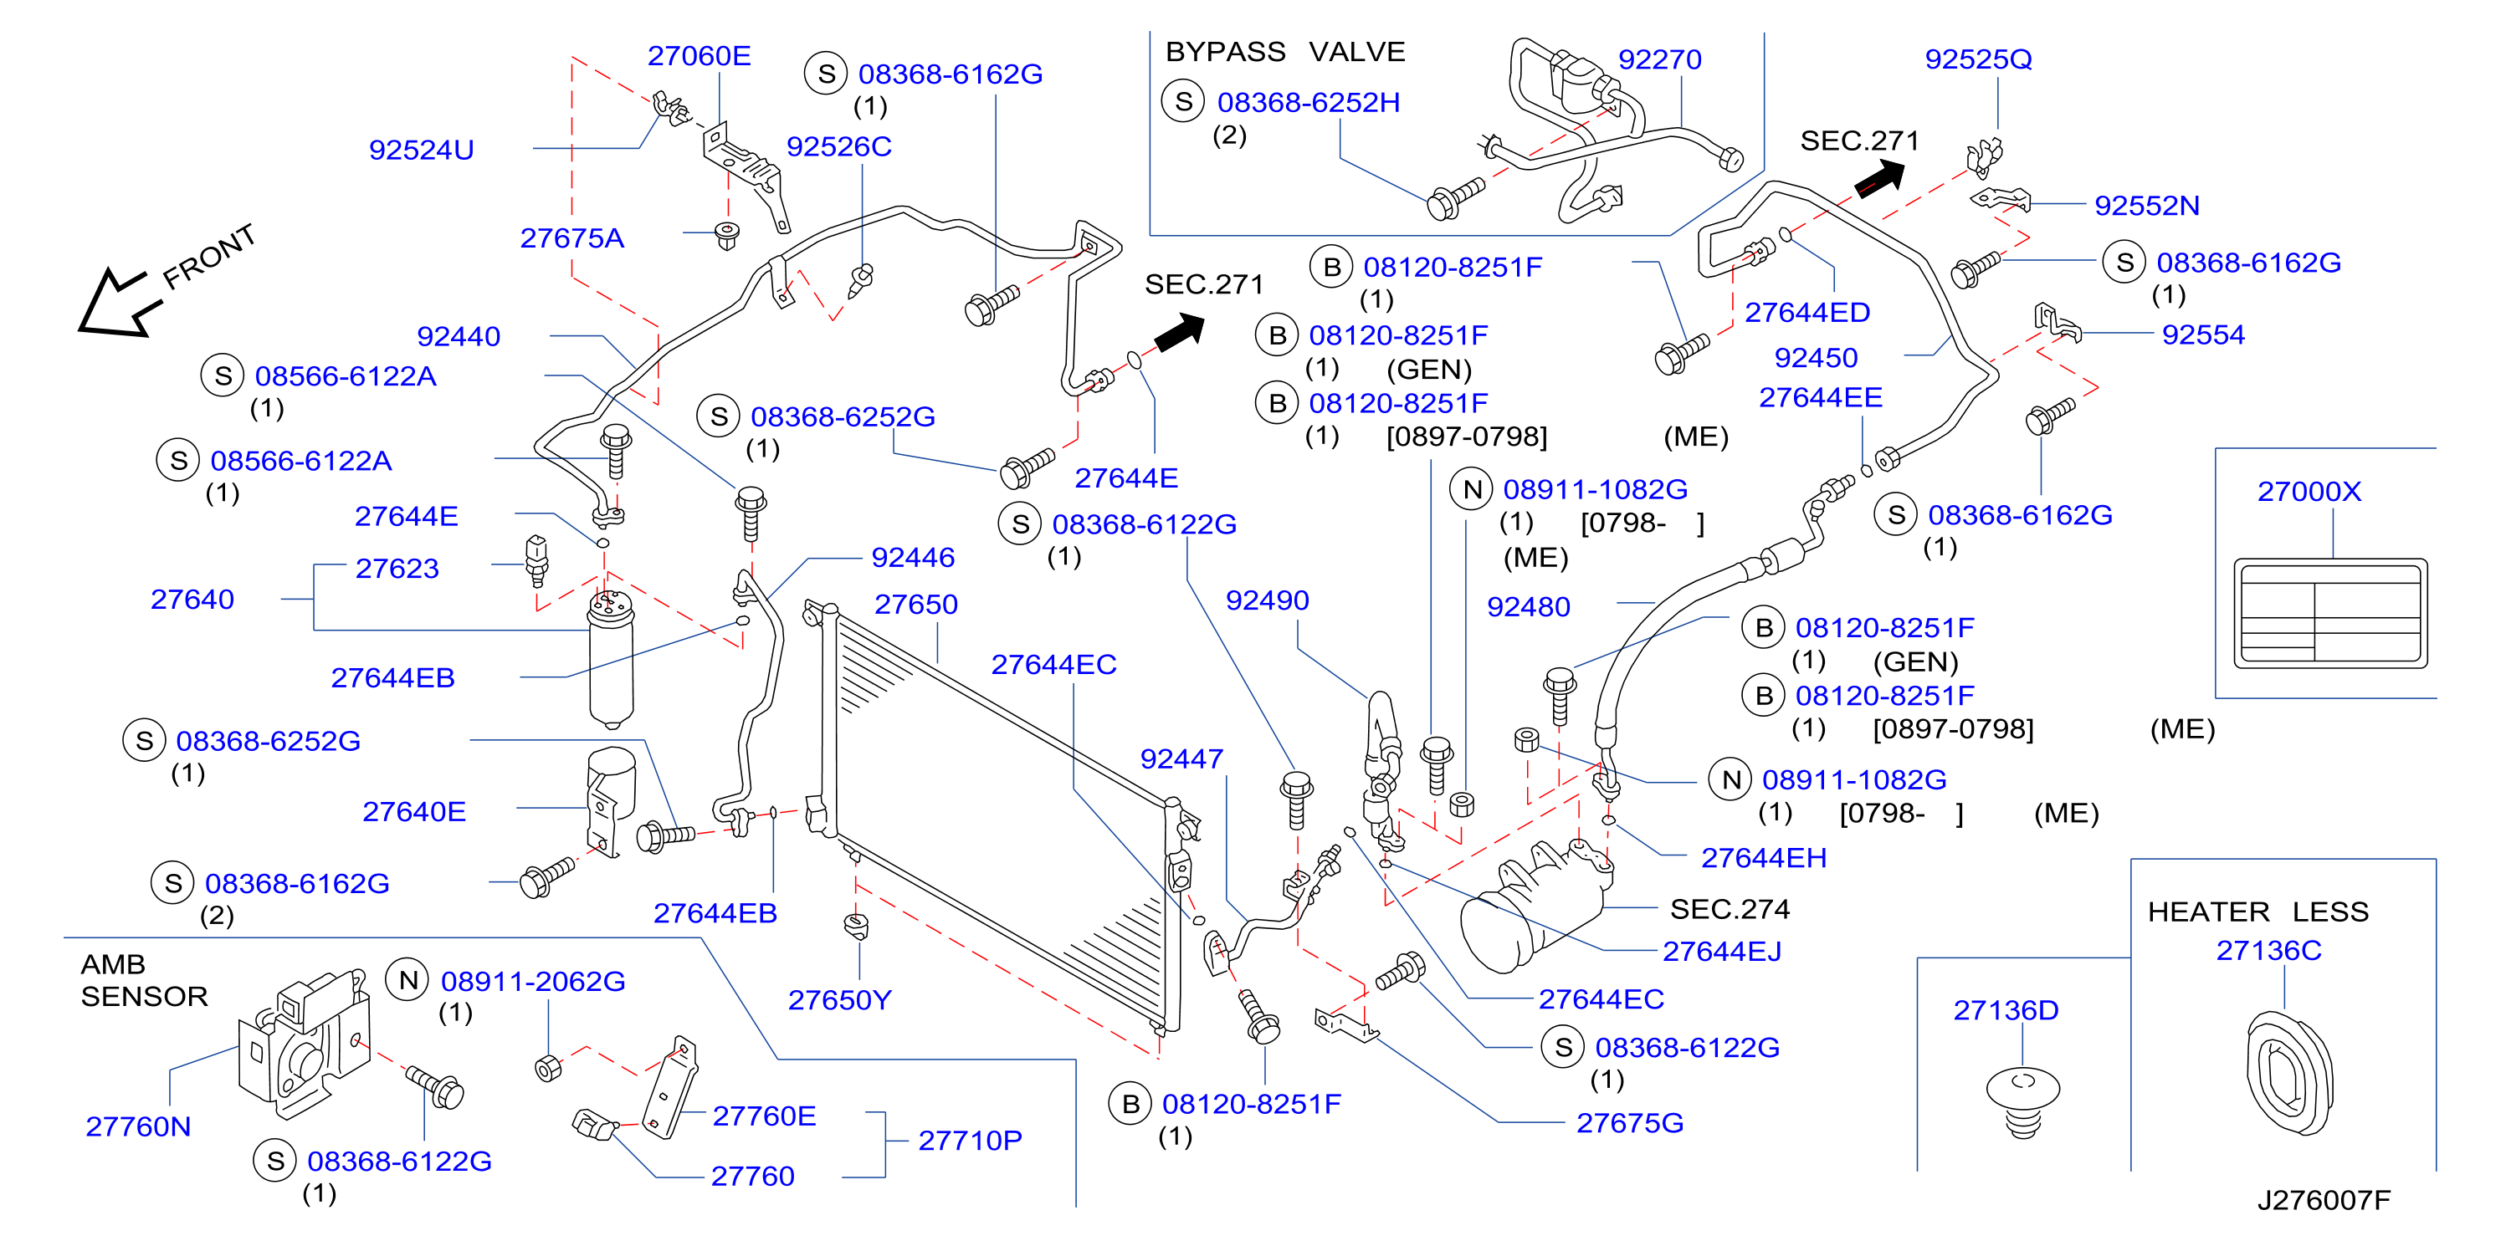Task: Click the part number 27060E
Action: tap(699, 56)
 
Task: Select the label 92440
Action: tap(459, 336)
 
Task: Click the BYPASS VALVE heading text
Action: tap(1285, 52)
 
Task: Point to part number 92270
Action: tap(1659, 59)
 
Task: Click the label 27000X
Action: tap(2309, 491)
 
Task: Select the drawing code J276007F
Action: tap(2323, 1199)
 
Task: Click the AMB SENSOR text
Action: tap(144, 979)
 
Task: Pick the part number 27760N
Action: tap(138, 1126)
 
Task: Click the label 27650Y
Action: tap(839, 1000)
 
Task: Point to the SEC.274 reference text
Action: tap(1730, 908)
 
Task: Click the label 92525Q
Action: tap(1978, 59)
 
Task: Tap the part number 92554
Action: tap(2202, 335)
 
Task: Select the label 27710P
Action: tap(970, 1140)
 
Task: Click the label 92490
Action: tap(1267, 600)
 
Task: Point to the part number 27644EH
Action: tap(1763, 858)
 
